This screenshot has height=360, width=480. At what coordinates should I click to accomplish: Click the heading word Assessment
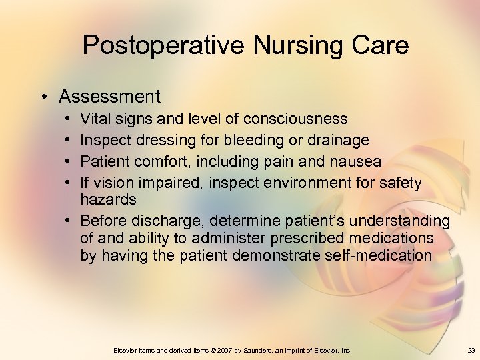click(109, 97)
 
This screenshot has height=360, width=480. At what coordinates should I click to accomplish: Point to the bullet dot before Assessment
click(43, 97)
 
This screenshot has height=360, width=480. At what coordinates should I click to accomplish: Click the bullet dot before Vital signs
click(69, 119)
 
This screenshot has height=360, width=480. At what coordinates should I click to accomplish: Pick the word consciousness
click(295, 119)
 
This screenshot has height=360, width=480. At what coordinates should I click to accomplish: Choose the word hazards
click(108, 199)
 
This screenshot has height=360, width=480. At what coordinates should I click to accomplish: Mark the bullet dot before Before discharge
click(69, 221)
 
